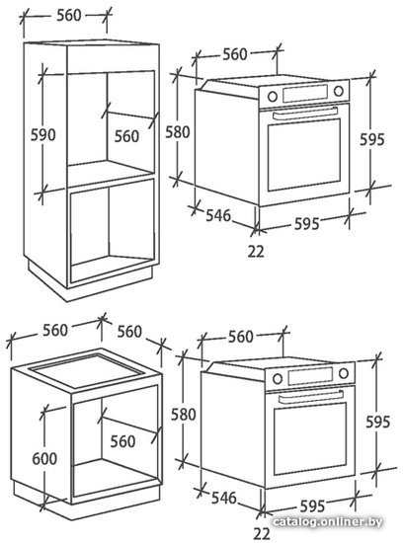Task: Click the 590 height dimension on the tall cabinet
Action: [42, 134]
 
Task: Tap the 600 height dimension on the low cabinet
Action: [44, 458]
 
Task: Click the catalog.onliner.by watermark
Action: [327, 522]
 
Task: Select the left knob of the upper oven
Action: [273, 97]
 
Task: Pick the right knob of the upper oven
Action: [339, 91]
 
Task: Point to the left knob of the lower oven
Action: [278, 378]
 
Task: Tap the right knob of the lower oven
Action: [344, 373]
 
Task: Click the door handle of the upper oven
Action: [305, 113]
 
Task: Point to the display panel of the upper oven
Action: [305, 93]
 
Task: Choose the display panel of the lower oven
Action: [310, 376]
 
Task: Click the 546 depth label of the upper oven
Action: [218, 215]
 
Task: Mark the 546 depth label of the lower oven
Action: [224, 498]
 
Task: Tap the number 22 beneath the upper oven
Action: [256, 252]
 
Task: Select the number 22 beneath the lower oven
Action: [261, 534]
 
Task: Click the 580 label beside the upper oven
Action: [178, 132]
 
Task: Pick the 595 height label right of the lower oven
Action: [378, 422]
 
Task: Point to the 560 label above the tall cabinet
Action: [69, 15]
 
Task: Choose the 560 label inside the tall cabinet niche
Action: [126, 136]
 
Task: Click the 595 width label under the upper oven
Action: [306, 224]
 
